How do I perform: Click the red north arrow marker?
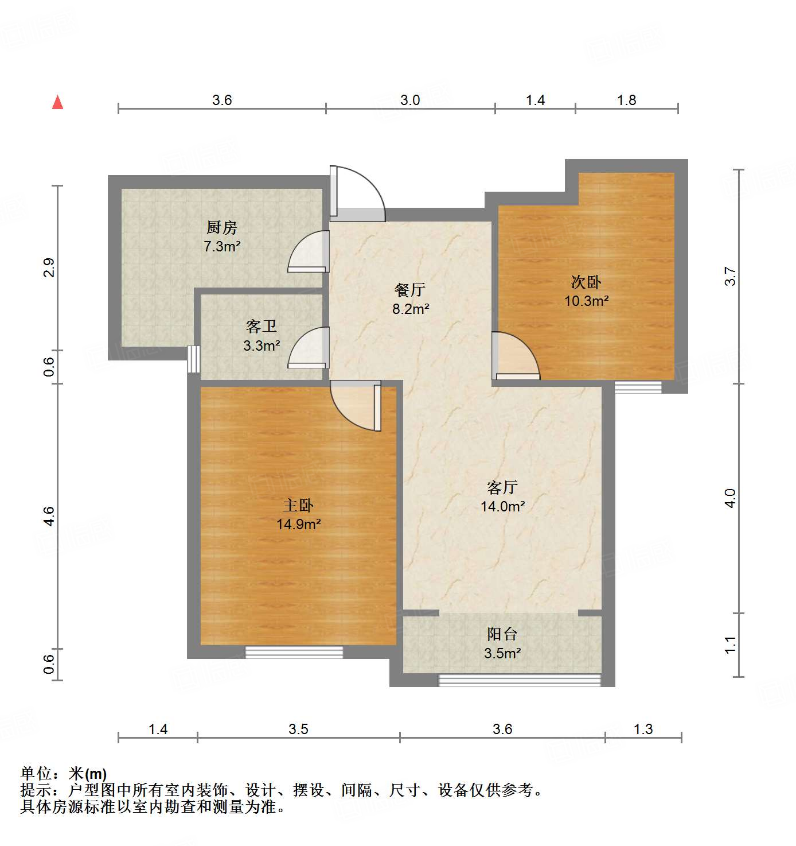(57, 102)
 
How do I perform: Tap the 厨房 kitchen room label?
(221, 228)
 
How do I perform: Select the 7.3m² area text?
(221, 247)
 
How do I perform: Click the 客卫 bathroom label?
(261, 327)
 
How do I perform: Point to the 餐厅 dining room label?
(410, 290)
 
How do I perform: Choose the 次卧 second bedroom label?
(586, 282)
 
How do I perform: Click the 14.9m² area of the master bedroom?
(298, 524)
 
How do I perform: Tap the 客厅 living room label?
(502, 487)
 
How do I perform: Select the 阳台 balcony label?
(502, 634)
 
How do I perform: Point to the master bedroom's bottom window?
(294, 652)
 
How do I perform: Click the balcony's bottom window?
(520, 680)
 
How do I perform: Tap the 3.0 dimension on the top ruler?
(410, 100)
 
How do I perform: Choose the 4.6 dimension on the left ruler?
(49, 516)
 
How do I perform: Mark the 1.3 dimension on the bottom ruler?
(643, 729)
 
